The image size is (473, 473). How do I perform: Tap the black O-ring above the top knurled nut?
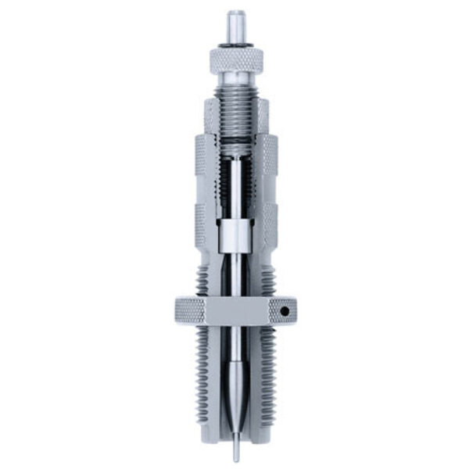point(235,48)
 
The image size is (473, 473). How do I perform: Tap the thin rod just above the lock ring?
point(235,278)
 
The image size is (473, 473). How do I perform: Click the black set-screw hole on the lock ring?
point(285,311)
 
